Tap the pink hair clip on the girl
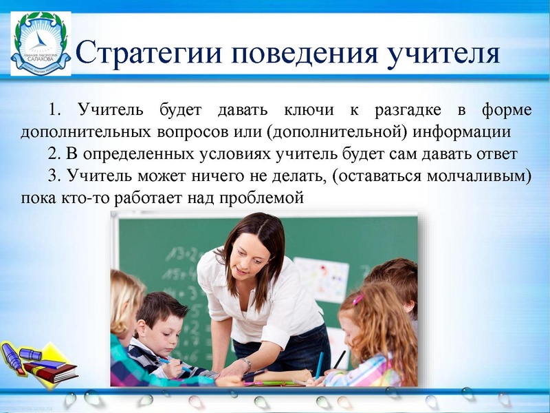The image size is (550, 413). point(358,299)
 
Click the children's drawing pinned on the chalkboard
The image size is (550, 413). point(320,279)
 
